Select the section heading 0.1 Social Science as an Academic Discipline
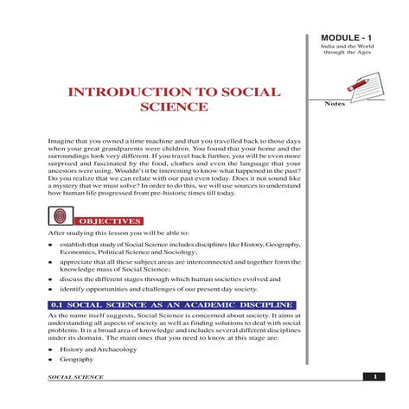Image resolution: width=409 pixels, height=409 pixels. pos(160,305)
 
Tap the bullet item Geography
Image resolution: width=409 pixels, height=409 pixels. pos(76,359)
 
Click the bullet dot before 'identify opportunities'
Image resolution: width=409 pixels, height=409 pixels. pos(51,291)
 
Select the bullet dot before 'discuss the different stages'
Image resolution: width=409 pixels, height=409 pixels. pos(51,279)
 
